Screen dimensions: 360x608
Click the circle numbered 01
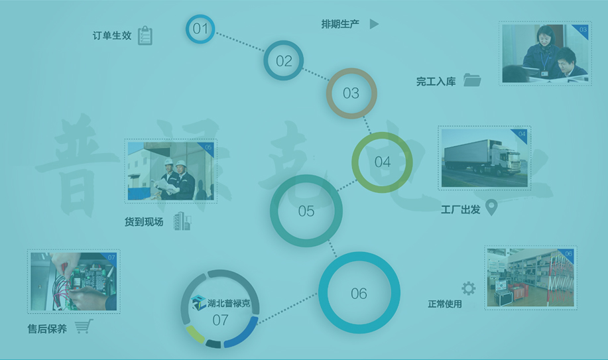(200, 29)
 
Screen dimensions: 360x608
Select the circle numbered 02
(284, 61)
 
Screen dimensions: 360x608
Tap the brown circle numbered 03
(351, 93)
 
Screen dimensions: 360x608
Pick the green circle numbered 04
(382, 162)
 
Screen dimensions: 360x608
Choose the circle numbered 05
(306, 211)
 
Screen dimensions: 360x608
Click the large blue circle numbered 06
(359, 293)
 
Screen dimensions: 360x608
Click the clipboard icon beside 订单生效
(145, 36)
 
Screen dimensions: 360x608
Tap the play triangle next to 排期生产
(374, 24)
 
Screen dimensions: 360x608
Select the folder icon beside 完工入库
(472, 80)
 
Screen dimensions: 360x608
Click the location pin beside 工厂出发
(491, 208)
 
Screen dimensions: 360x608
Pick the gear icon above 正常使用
(469, 288)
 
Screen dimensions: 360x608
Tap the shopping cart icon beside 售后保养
(84, 326)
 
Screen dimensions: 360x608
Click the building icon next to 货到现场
(182, 222)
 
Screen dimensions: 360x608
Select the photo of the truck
(484, 158)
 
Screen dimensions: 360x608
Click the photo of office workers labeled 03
(544, 54)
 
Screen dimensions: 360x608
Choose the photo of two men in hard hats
(170, 171)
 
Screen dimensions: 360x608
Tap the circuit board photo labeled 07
(73, 281)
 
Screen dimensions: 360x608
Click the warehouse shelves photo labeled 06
(530, 277)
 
